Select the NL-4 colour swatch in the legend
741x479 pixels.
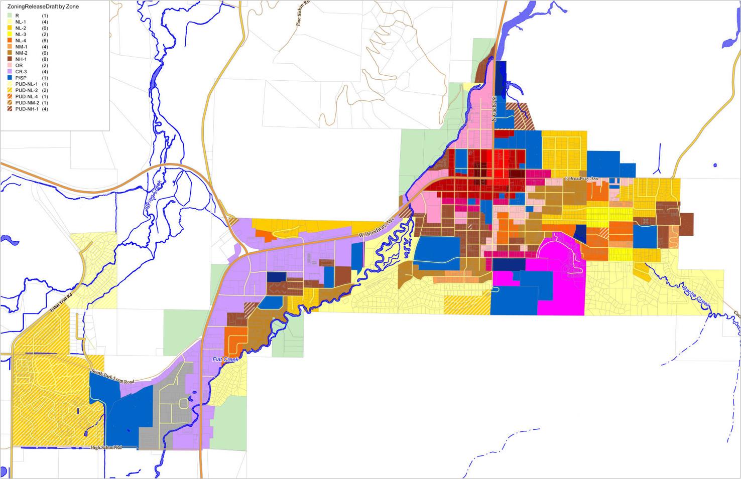click(x=10, y=41)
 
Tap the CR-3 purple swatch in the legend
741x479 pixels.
click(x=10, y=72)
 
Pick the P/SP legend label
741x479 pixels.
click(x=21, y=78)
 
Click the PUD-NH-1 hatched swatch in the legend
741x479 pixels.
click(x=10, y=109)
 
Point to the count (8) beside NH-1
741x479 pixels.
click(x=45, y=59)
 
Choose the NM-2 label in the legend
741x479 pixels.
click(x=21, y=53)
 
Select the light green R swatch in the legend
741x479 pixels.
click(x=10, y=16)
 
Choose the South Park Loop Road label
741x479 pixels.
click(x=112, y=377)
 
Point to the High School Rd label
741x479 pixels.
click(x=106, y=447)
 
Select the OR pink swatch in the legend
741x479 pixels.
click(x=10, y=66)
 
